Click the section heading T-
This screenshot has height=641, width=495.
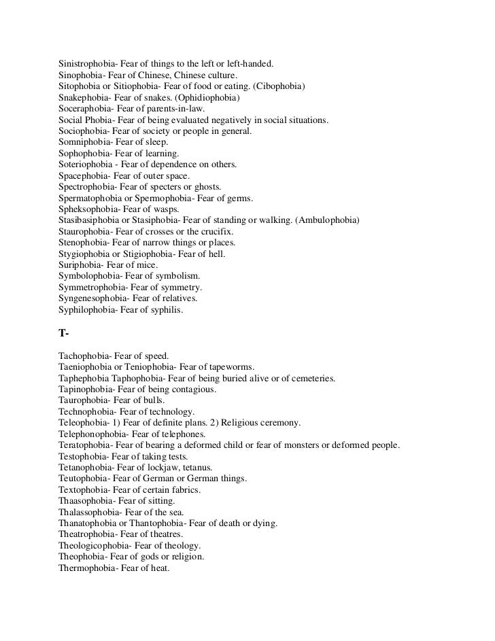pos(64,333)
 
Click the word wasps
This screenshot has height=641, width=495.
pos(168,209)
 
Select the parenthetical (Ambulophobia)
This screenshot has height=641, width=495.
pos(325,220)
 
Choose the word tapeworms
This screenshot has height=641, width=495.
pos(236,366)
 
